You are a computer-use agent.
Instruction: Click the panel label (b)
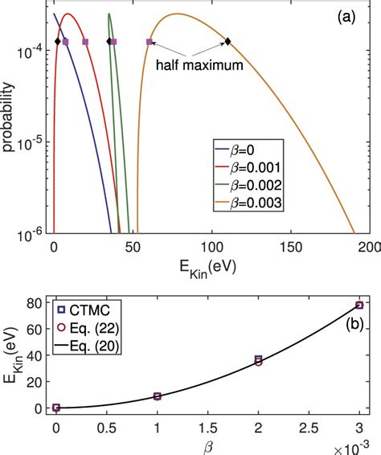click(351, 327)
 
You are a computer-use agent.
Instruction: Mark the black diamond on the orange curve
click(227, 42)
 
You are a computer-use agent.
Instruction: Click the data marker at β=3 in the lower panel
click(359, 305)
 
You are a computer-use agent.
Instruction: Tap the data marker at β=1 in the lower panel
click(157, 396)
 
